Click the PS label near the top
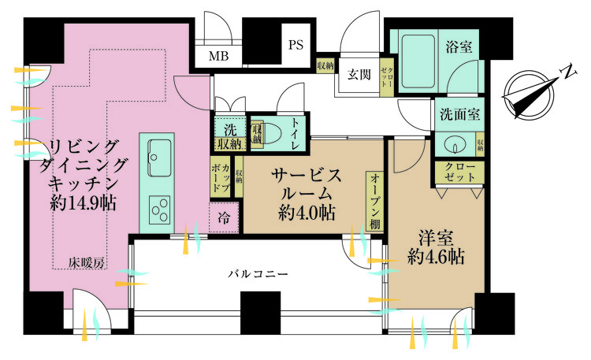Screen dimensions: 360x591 pyautogui.click(x=296, y=45)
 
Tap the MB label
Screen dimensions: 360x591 pyautogui.click(x=218, y=56)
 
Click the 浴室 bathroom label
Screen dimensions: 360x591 pyautogui.click(x=459, y=46)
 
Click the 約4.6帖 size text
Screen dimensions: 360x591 pyautogui.click(x=436, y=256)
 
